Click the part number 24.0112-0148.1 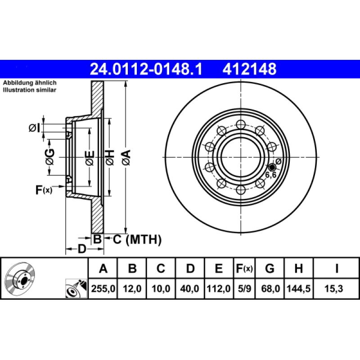[x=146, y=69]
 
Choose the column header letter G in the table [x=270, y=269]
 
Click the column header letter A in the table [x=103, y=269]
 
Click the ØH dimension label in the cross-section [x=109, y=157]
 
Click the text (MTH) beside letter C [x=144, y=240]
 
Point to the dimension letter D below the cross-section [x=81, y=248]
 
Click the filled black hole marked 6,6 [x=271, y=167]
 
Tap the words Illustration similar [x=30, y=90]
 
